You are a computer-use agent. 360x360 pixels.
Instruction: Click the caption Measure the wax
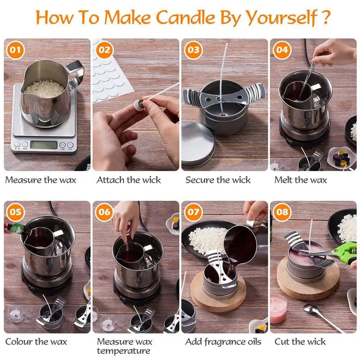click(40, 180)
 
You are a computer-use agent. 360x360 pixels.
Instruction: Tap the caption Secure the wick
click(218, 180)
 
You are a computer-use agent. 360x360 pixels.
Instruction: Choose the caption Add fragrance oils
click(223, 342)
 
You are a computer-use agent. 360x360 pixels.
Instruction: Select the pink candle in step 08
click(278, 310)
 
